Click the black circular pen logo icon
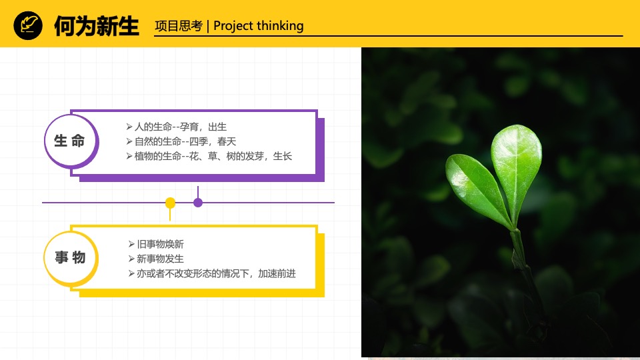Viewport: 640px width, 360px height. pyautogui.click(x=28, y=26)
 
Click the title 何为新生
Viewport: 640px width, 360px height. pyautogui.click(x=96, y=26)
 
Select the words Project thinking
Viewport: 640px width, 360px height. pyautogui.click(x=259, y=26)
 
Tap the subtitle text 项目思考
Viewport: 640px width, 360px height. pyautogui.click(x=178, y=26)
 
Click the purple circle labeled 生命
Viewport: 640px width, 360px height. pyautogui.click(x=70, y=141)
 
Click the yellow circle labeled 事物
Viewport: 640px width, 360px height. pyautogui.click(x=70, y=257)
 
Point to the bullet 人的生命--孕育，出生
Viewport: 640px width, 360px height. pyautogui.click(x=181, y=127)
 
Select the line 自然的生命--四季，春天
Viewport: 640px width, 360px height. pyautogui.click(x=185, y=141)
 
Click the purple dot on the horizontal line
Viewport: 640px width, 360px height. pyautogui.click(x=198, y=202)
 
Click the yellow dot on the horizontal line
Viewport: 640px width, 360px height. pyautogui.click(x=170, y=202)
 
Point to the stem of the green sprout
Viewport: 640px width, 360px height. pyautogui.click(x=519, y=250)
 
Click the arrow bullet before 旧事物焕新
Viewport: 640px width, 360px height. pyautogui.click(x=131, y=244)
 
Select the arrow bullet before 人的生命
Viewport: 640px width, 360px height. pyautogui.click(x=129, y=127)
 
